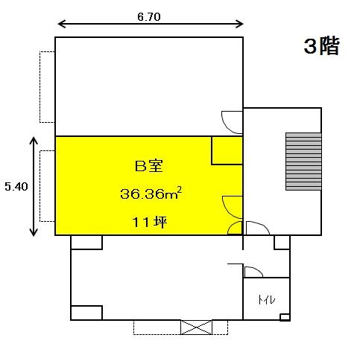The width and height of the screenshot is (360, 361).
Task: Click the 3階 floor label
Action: coord(321,46)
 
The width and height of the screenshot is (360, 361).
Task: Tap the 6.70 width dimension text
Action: coord(149,17)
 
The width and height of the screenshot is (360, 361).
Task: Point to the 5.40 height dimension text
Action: coord(16,187)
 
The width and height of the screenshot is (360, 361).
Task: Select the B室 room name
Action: coord(149,166)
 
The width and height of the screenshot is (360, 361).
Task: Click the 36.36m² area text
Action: coord(151,194)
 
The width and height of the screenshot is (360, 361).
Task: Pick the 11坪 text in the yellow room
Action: coord(150,222)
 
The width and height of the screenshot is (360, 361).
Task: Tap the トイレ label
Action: coord(266,300)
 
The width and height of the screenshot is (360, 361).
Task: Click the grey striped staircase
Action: coord(303,162)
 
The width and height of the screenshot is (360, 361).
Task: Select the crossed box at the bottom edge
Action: coord(196,328)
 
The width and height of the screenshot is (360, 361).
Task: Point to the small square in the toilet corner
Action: coord(285,317)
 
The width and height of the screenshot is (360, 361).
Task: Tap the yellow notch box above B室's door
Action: coord(227,150)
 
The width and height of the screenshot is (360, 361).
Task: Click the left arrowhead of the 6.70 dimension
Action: coord(61,24)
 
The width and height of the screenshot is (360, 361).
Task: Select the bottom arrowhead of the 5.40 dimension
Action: coord(34,232)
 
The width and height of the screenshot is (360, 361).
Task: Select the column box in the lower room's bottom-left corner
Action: coord(86,313)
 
